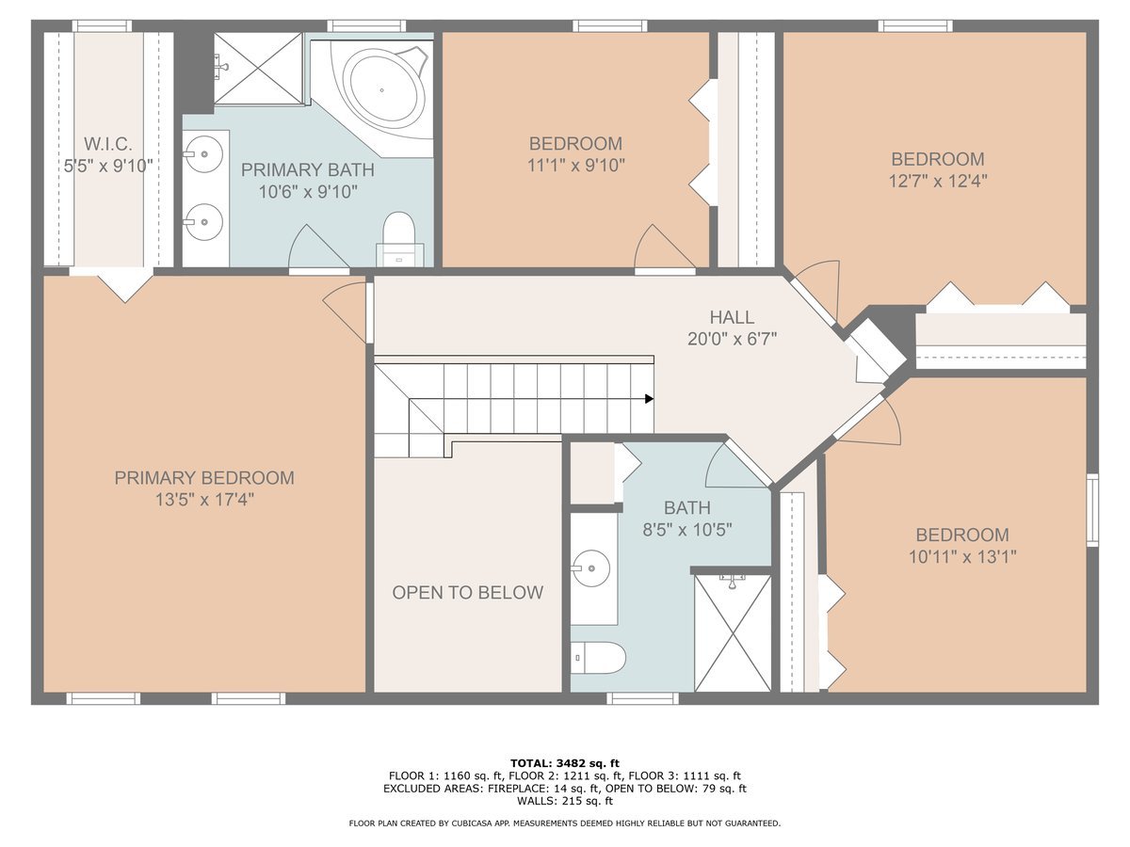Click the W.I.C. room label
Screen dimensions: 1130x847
click(108, 144)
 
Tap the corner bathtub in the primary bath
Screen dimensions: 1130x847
click(382, 90)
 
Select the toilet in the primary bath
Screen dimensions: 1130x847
click(399, 240)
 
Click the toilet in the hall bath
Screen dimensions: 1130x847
click(598, 658)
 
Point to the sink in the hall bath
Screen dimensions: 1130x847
click(591, 568)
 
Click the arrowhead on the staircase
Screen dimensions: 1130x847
click(649, 398)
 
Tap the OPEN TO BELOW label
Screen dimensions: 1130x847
click(467, 593)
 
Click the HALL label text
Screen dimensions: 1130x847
click(732, 317)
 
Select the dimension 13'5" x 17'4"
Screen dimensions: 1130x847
click(204, 500)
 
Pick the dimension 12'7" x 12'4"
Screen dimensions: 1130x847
click(938, 181)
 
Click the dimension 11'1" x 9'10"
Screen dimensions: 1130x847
click(575, 165)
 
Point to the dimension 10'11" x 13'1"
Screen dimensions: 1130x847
click(962, 556)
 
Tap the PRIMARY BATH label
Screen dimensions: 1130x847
click(307, 169)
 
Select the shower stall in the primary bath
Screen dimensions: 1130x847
click(258, 69)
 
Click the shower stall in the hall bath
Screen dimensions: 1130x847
click(733, 633)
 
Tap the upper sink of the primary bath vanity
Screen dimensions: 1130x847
click(203, 153)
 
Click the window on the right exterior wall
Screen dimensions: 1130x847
click(1092, 510)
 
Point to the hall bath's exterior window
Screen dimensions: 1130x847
click(642, 698)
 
